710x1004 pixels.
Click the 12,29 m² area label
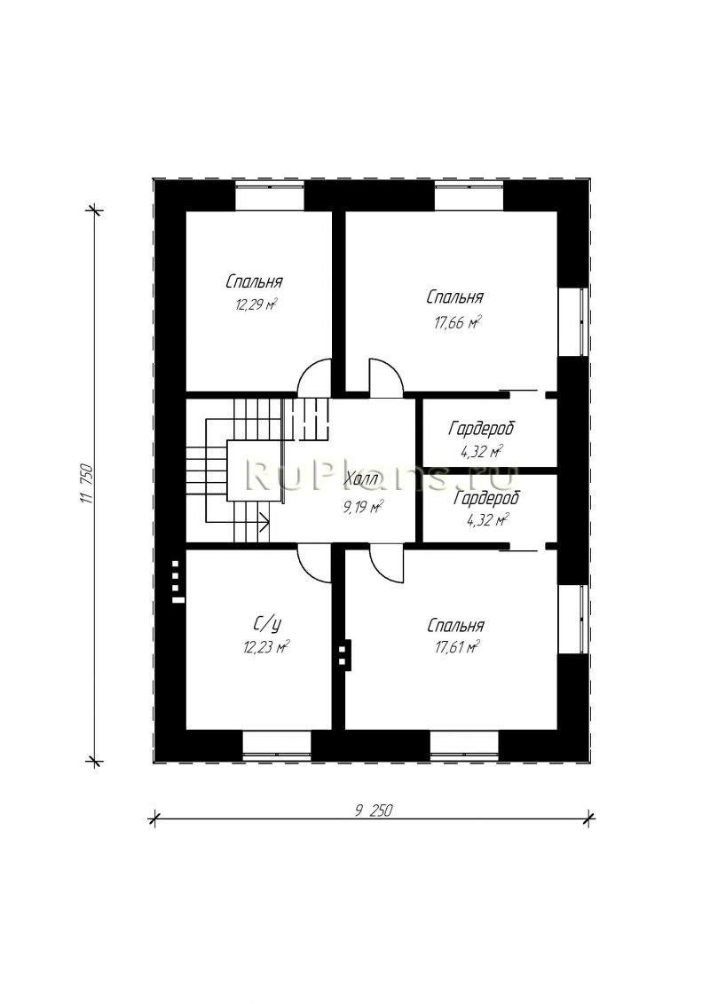coord(256,304)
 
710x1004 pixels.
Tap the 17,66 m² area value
coord(457,322)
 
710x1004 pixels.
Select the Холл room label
coord(362,479)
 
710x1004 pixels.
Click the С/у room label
coord(263,622)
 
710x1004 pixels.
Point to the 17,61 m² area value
coord(457,648)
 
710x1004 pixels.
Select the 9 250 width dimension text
coord(373,810)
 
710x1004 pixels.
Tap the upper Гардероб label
coord(481,428)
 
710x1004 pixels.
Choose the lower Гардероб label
coord(486,497)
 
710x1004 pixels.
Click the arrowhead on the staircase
coord(264,522)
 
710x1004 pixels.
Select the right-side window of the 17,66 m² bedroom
coord(572,320)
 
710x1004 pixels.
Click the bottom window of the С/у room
coord(277,744)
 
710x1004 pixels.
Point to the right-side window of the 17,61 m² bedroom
coord(572,619)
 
